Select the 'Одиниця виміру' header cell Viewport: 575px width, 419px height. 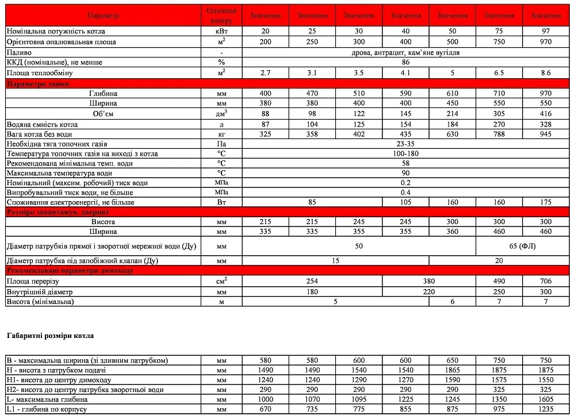coord(220,16)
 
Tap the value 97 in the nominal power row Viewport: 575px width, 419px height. coord(546,31)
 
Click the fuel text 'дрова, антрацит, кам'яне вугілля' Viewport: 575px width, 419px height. coord(405,52)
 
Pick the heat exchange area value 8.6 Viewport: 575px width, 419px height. coord(546,73)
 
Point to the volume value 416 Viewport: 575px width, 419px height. coord(546,114)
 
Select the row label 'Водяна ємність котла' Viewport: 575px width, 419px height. coord(40,124)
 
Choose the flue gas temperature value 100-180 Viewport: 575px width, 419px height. coord(405,154)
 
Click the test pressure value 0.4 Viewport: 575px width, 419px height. coord(405,193)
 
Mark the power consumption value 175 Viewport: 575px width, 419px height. coord(546,202)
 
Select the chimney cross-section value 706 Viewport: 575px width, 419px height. coord(546,281)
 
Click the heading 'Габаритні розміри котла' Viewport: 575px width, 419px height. coord(50,335)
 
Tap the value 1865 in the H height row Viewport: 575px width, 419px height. coord(453,370)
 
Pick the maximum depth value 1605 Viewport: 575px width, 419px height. coord(546,399)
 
